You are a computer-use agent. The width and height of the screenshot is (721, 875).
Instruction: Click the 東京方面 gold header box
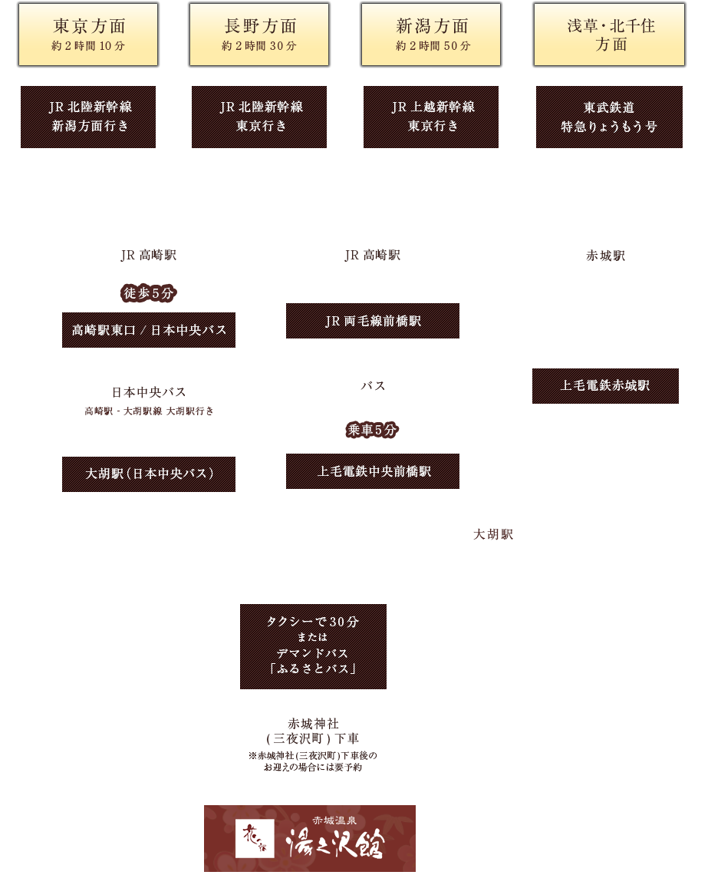pyautogui.click(x=89, y=35)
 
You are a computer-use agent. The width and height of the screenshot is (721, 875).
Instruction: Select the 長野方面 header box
pyautogui.click(x=259, y=35)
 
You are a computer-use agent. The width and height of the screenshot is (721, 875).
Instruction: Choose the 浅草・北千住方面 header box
pyautogui.click(x=608, y=35)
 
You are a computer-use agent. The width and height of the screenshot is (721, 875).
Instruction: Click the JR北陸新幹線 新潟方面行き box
pyautogui.click(x=88, y=117)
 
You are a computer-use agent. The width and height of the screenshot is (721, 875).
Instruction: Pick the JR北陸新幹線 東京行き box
pyautogui.click(x=259, y=117)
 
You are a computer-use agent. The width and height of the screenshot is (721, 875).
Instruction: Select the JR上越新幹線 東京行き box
pyautogui.click(x=431, y=117)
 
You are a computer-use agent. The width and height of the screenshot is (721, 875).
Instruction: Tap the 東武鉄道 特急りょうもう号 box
pyautogui.click(x=609, y=117)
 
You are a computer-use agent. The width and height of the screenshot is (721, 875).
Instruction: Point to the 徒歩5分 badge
pyautogui.click(x=148, y=292)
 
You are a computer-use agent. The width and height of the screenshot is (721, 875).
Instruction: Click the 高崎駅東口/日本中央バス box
pyautogui.click(x=149, y=330)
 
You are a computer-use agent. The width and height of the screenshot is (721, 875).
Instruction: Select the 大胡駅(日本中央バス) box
pyautogui.click(x=149, y=474)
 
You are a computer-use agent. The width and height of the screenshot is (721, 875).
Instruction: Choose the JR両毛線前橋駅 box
pyautogui.click(x=373, y=321)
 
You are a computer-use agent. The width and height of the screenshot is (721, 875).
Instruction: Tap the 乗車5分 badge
pyautogui.click(x=373, y=430)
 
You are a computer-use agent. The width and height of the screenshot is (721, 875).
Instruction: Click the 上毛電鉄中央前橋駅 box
pyautogui.click(x=373, y=471)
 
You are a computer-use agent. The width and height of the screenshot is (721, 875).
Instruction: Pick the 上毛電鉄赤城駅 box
pyautogui.click(x=605, y=386)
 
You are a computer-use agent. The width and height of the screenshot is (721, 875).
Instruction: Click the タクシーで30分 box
pyautogui.click(x=313, y=646)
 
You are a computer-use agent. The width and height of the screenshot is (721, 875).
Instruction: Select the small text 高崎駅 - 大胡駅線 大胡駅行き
pyautogui.click(x=149, y=411)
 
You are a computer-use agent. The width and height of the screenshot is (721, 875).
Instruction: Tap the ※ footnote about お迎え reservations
pyautogui.click(x=313, y=761)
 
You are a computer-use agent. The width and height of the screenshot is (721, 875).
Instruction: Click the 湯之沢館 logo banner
pyautogui.click(x=310, y=838)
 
